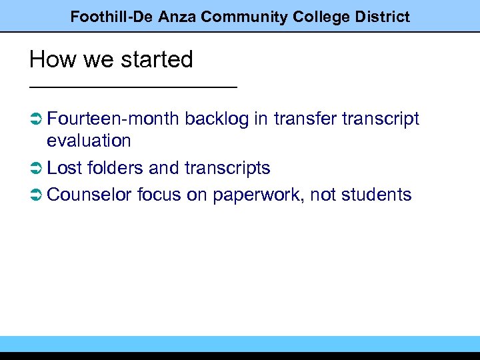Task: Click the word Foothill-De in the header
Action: tap(111, 17)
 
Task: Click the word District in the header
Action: tap(381, 17)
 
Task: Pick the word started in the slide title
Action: tap(158, 60)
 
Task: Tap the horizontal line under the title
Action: tap(133, 87)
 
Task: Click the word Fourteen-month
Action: tap(113, 119)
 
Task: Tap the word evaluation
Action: tap(89, 141)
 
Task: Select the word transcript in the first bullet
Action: tap(381, 119)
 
